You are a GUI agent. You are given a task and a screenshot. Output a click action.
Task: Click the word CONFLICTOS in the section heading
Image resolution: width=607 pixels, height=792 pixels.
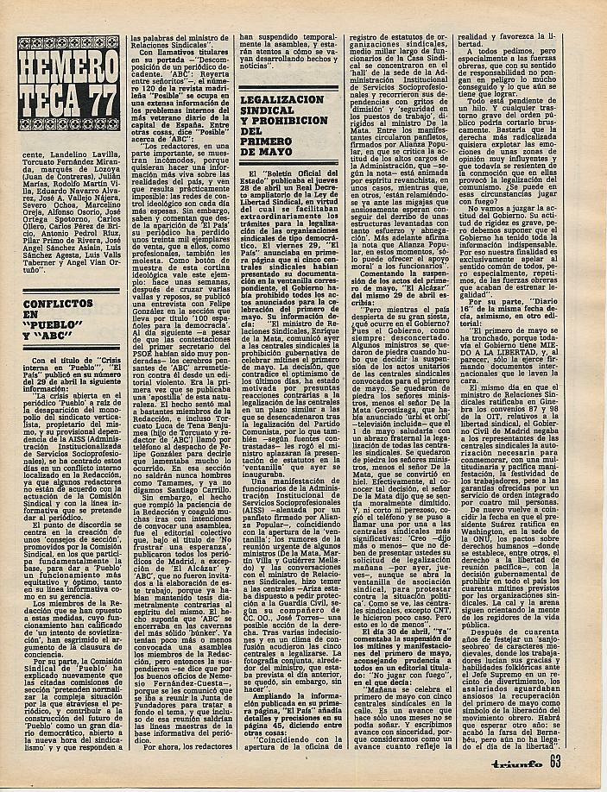(59, 305)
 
